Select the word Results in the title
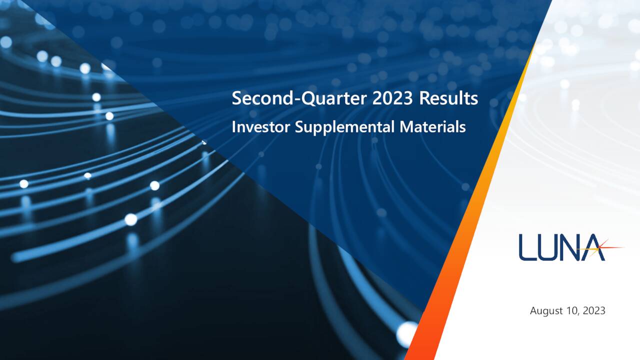tap(448, 99)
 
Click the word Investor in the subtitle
tap(260, 127)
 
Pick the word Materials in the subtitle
tap(432, 127)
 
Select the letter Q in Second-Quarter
tap(310, 99)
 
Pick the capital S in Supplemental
tap(298, 127)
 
